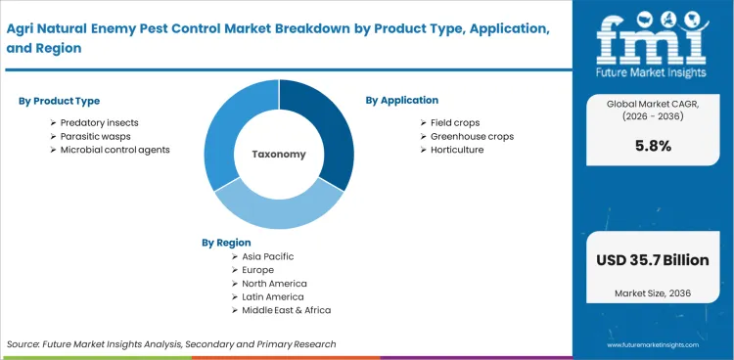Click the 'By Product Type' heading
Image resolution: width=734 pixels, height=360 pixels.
(59, 101)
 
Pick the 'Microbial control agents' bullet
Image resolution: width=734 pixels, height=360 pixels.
(115, 150)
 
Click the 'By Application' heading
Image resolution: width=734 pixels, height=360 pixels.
(402, 100)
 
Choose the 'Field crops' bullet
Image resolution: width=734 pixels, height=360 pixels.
(457, 121)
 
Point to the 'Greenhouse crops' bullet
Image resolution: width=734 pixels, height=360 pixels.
(472, 136)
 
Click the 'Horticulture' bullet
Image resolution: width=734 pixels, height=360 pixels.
(457, 150)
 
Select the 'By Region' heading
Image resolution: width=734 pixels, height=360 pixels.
(226, 242)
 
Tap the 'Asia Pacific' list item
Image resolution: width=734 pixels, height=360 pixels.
(267, 256)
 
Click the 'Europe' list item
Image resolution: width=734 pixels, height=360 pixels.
(257, 269)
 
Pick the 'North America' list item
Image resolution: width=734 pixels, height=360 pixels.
(274, 283)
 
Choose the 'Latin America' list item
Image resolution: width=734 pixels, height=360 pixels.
(273, 296)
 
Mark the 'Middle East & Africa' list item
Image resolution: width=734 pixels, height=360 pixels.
(287, 310)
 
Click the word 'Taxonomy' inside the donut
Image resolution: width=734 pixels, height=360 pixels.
(279, 155)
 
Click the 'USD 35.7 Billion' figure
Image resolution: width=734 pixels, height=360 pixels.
(652, 261)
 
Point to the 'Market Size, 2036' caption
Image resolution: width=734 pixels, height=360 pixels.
(652, 292)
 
